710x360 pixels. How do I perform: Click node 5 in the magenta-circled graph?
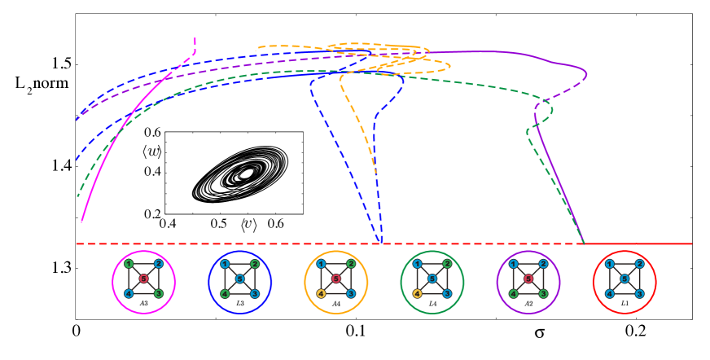(x=143, y=279)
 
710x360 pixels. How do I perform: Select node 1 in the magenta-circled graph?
(x=129, y=264)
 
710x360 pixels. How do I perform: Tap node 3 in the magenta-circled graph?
(x=159, y=293)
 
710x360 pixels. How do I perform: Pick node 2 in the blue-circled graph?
(x=255, y=264)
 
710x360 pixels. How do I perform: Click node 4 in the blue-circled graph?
(x=225, y=293)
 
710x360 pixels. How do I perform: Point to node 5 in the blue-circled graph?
(x=239, y=279)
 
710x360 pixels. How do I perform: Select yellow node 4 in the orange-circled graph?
(x=321, y=293)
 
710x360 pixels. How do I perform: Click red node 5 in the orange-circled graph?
(x=335, y=279)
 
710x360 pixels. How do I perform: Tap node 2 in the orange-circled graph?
(x=351, y=264)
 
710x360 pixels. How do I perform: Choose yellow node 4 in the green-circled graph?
(x=417, y=293)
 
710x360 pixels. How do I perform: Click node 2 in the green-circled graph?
(x=447, y=264)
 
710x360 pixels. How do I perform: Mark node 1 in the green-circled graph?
(x=417, y=264)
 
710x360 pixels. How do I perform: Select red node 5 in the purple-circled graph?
(x=528, y=279)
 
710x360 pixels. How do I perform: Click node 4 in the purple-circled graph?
(x=513, y=293)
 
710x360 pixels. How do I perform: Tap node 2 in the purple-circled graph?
(x=543, y=264)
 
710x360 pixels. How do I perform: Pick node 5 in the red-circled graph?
(x=624, y=279)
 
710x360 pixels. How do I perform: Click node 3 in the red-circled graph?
(x=639, y=293)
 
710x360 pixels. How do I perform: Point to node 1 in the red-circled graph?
(x=609, y=264)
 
